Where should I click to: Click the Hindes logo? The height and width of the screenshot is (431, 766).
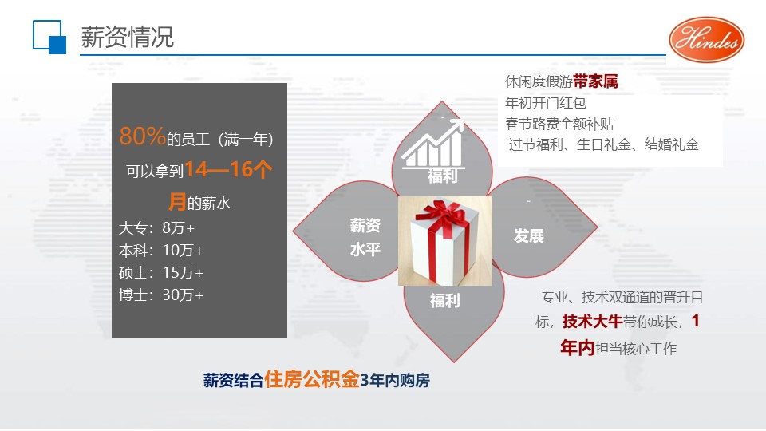pyautogui.click(x=706, y=40)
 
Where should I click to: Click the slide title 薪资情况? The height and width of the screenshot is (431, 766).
pyautogui.click(x=128, y=38)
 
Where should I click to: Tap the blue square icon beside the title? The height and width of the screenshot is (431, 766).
pyautogui.click(x=49, y=37)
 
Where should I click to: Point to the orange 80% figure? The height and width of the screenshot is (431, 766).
pyautogui.click(x=142, y=136)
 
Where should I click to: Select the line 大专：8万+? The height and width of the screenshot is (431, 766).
pyautogui.click(x=157, y=227)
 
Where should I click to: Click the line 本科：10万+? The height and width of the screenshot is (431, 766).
pyautogui.click(x=161, y=250)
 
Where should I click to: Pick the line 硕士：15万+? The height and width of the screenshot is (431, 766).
pyautogui.click(x=161, y=273)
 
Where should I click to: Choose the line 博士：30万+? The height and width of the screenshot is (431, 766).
pyautogui.click(x=161, y=295)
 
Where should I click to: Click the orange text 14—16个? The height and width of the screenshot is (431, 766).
pyautogui.click(x=228, y=169)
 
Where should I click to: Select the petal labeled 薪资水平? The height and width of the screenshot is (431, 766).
pyautogui.click(x=346, y=231)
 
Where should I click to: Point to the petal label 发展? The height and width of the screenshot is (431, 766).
pyautogui.click(x=528, y=236)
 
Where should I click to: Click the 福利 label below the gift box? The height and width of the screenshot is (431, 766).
pyautogui.click(x=444, y=301)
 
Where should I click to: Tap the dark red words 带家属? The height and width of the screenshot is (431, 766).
pyautogui.click(x=595, y=81)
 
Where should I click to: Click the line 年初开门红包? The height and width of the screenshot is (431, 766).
pyautogui.click(x=546, y=103)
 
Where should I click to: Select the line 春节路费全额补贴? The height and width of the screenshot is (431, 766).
pyautogui.click(x=559, y=124)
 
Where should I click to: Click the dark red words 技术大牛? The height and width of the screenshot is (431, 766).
pyautogui.click(x=593, y=322)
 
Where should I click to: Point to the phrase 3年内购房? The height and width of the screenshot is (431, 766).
pyautogui.click(x=395, y=380)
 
